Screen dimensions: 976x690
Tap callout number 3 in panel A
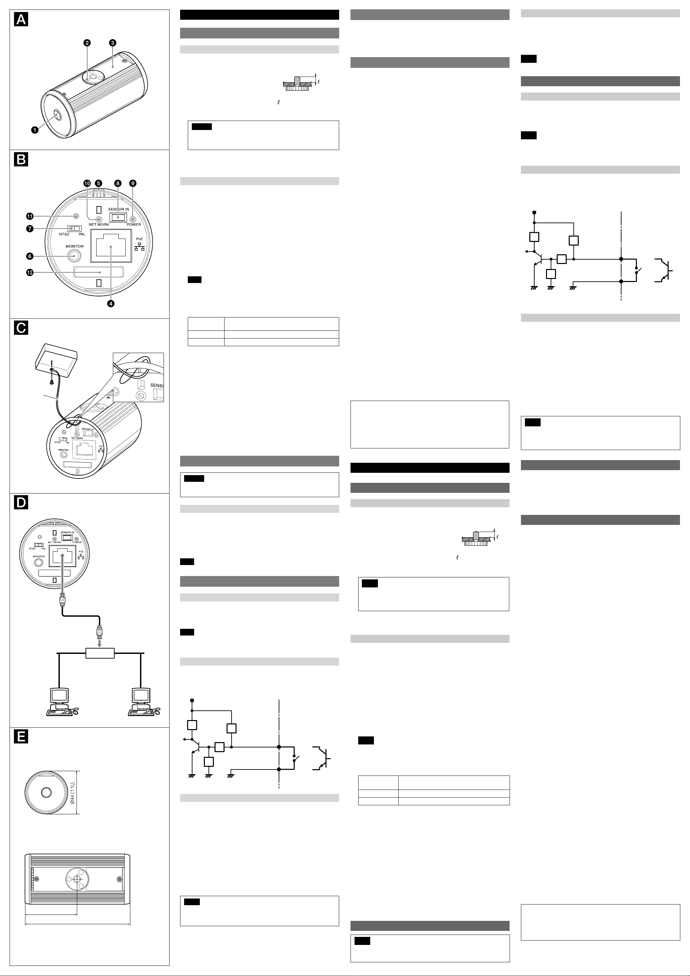pos(112,43)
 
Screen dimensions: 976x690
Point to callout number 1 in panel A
pos(35,130)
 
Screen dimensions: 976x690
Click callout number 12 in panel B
pos(30,272)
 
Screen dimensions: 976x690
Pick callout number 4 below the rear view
pos(111,303)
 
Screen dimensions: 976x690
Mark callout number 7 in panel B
pos(30,229)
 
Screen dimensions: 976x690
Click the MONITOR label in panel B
pos(75,247)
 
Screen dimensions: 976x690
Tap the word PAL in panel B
pos(82,234)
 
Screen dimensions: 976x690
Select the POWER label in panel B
pos(134,225)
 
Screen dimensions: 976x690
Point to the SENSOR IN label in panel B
pos(119,209)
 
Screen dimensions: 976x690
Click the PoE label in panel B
pos(139,239)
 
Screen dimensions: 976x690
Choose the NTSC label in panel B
pos(64,234)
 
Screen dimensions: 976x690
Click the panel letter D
pos(21,503)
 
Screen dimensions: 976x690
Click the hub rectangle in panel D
pos(100,653)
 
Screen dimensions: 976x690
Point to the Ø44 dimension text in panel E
pos(73,793)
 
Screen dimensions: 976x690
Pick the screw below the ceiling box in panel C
pos(52,383)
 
